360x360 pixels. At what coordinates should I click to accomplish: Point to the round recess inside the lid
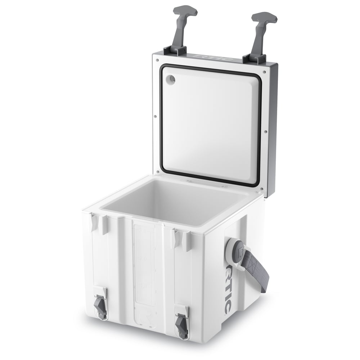pyautogui.click(x=171, y=79)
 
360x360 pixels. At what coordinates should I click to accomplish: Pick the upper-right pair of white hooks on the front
pyautogui.click(x=181, y=240)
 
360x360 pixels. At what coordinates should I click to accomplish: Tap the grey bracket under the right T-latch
pyautogui.click(x=254, y=58)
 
